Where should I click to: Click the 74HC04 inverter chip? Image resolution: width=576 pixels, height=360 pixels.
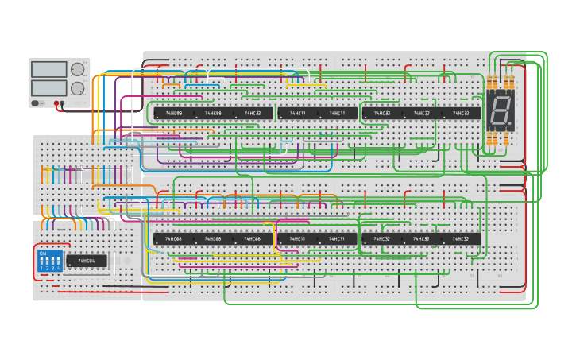tap(87, 261)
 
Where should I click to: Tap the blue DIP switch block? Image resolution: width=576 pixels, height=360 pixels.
tap(50, 261)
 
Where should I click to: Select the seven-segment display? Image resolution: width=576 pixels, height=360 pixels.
tap(501, 112)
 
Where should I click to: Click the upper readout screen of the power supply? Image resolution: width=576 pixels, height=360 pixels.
tap(49, 69)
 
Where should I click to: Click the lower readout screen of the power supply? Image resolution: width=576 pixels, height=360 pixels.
tap(49, 88)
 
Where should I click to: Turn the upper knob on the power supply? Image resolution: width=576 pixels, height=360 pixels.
tap(78, 69)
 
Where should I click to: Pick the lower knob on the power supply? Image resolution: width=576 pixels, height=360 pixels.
tap(78, 88)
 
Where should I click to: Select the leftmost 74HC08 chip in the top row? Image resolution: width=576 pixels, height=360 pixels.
tap(173, 113)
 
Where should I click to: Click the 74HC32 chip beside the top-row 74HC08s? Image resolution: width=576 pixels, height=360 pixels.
tap(253, 113)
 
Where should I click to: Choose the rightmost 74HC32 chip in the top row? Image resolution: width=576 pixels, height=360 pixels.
tap(461, 113)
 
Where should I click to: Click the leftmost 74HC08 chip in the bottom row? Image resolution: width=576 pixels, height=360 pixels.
tap(173, 238)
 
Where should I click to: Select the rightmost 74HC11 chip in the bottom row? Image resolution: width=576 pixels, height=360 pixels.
tap(337, 238)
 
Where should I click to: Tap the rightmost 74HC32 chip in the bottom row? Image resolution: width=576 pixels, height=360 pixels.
tap(461, 238)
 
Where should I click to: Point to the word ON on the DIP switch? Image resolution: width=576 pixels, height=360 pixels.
tap(43, 254)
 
